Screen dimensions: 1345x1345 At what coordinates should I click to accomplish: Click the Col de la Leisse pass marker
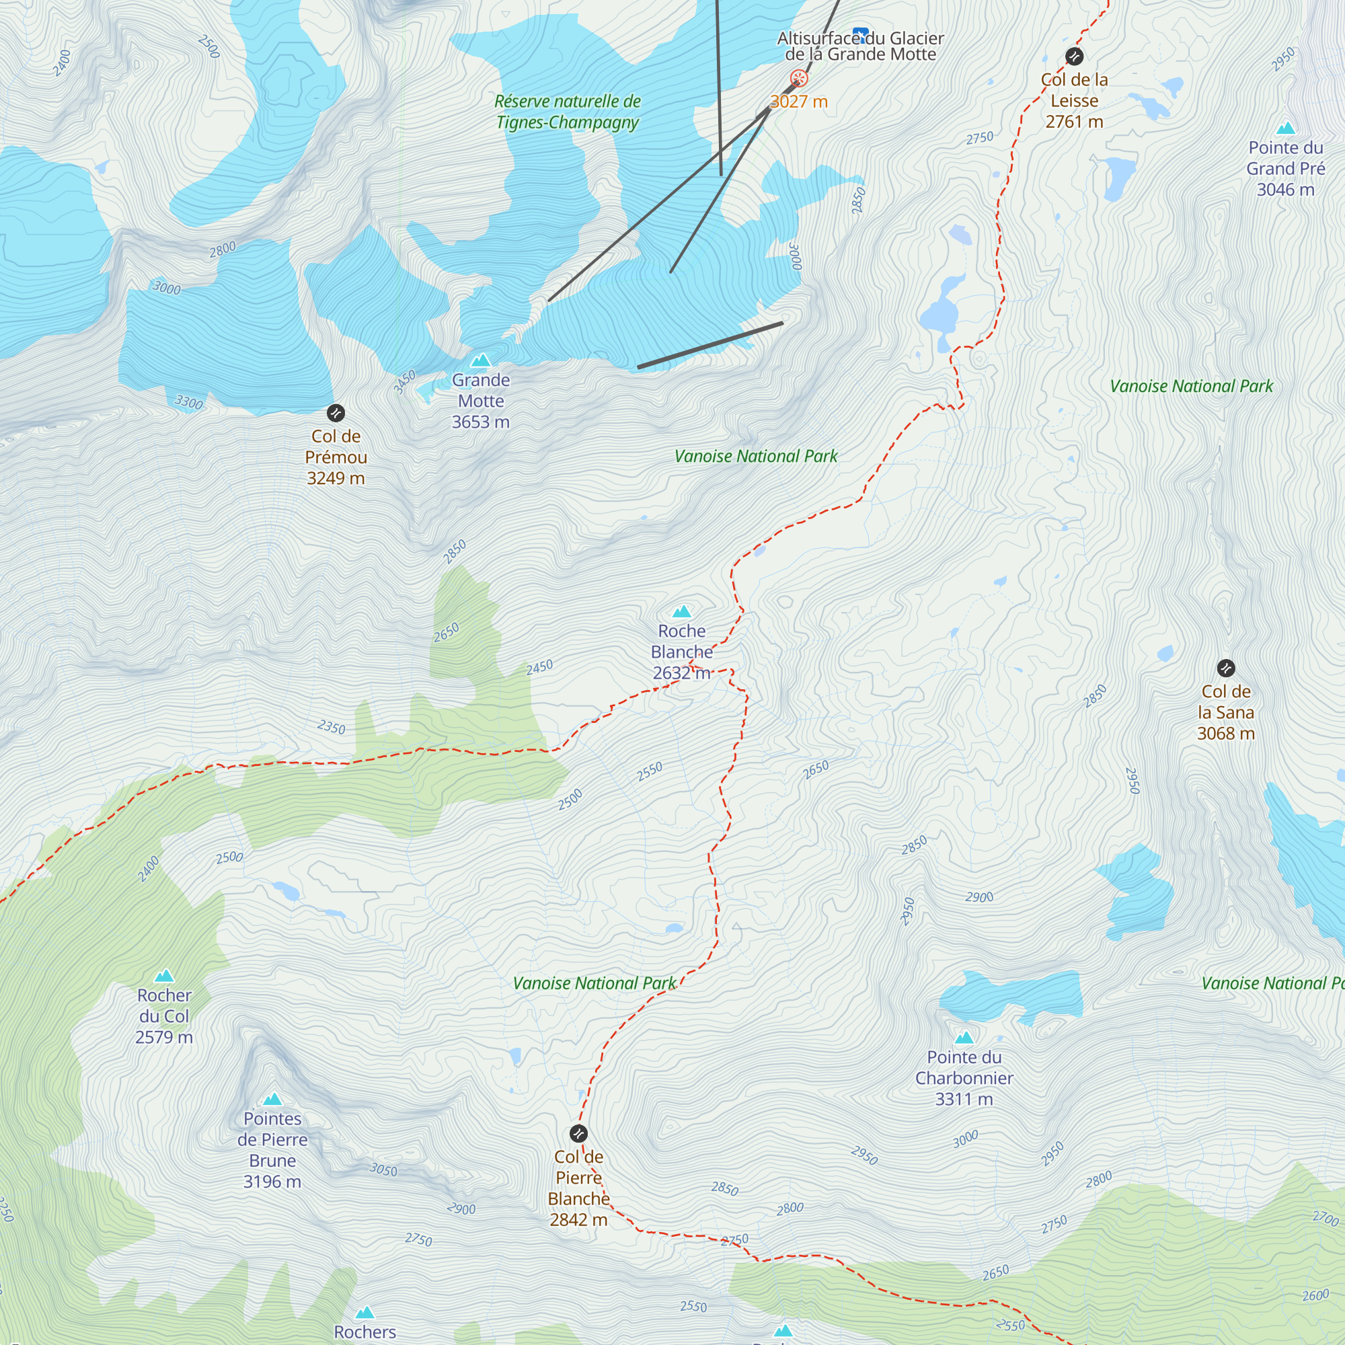[x=1074, y=56]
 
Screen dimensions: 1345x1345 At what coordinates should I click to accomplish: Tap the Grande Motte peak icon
[x=480, y=360]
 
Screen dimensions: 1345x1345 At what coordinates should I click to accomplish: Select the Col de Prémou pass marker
[x=336, y=413]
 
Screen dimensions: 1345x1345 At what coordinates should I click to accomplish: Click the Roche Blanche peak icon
[x=681, y=611]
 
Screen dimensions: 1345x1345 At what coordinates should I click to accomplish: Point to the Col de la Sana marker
[x=1226, y=668]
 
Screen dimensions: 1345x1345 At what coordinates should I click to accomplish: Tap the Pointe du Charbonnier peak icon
[x=964, y=1038]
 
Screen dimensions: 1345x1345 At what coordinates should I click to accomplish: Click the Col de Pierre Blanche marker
[x=578, y=1133]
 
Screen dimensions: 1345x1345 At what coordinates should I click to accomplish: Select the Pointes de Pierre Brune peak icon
[x=272, y=1100]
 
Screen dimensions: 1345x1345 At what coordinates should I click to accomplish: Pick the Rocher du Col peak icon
[x=164, y=976]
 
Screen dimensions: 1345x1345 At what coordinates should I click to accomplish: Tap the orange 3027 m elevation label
[x=798, y=102]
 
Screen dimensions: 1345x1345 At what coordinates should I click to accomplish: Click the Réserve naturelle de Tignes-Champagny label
[x=568, y=112]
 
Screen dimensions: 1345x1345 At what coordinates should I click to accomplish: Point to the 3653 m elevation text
[x=480, y=422]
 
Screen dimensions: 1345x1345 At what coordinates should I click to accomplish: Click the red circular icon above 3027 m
[x=798, y=78]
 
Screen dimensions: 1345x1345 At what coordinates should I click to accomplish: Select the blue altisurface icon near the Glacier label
[x=861, y=34]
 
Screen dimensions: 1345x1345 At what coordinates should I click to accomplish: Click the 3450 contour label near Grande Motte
[x=403, y=381]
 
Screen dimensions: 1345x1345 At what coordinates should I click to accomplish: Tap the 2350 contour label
[x=332, y=727]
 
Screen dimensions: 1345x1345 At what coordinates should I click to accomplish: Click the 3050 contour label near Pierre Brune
[x=383, y=1169]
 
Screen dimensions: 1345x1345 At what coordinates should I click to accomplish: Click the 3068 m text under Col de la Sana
[x=1225, y=733]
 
